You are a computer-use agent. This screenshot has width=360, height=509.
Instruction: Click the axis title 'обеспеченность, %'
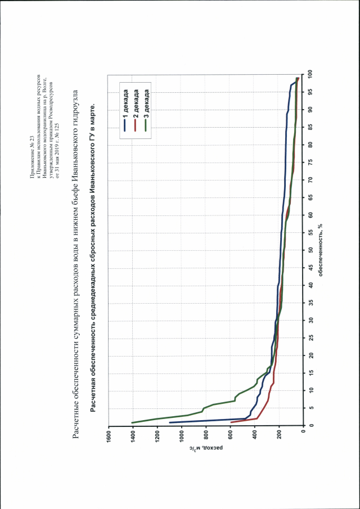click(320, 250)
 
